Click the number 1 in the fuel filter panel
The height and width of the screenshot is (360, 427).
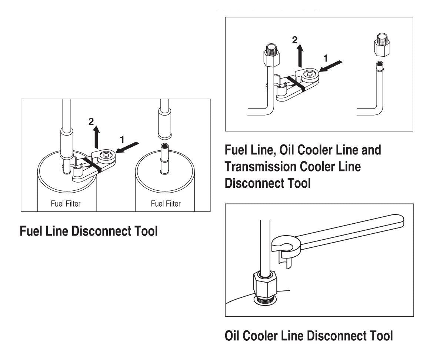(x=122, y=140)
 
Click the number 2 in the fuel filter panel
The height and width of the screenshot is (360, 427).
(x=91, y=121)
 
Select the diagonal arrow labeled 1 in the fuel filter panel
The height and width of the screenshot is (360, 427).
(x=127, y=147)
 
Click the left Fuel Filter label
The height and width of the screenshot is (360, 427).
(x=66, y=203)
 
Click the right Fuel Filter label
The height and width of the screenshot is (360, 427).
(x=166, y=203)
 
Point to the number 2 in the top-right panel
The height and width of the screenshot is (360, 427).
(x=295, y=40)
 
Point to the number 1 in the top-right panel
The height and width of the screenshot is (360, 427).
(x=326, y=58)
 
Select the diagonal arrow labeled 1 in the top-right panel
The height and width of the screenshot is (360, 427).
(x=331, y=66)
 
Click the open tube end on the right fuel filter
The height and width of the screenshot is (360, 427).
(x=165, y=146)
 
